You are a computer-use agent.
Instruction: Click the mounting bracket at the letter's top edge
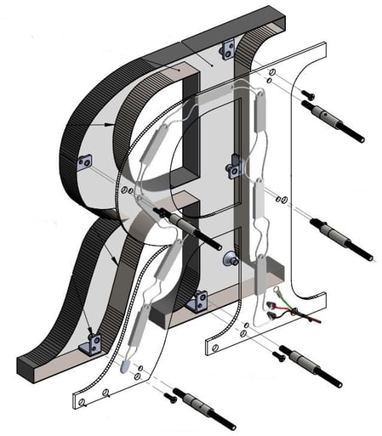227,50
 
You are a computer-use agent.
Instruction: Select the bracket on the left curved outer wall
84,162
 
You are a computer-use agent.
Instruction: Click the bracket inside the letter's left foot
91,344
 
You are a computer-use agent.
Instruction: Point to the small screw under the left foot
171,397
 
